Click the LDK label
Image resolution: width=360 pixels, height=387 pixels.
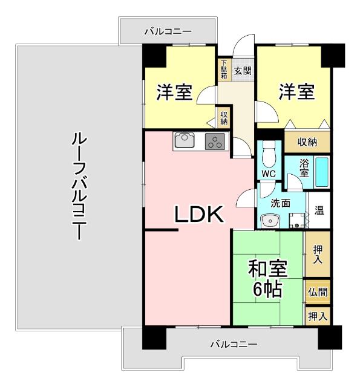tap(200, 215)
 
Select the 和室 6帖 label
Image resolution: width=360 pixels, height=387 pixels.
tap(267, 279)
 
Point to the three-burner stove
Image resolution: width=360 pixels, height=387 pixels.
tap(215, 142)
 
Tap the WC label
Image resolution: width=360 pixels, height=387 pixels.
tap(269, 174)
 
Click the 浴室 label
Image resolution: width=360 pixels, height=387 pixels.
tap(304, 167)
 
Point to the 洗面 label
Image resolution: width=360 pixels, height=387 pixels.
tap(280, 203)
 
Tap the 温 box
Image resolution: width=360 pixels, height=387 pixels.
tap(319, 211)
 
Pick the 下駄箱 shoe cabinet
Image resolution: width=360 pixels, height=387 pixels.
tap(224, 70)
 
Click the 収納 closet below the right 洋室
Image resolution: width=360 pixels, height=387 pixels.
tap(307, 142)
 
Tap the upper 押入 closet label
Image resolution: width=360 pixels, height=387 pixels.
tap(317, 254)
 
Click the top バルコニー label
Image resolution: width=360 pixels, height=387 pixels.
tap(168, 30)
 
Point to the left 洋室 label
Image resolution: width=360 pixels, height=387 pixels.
tap(174, 93)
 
